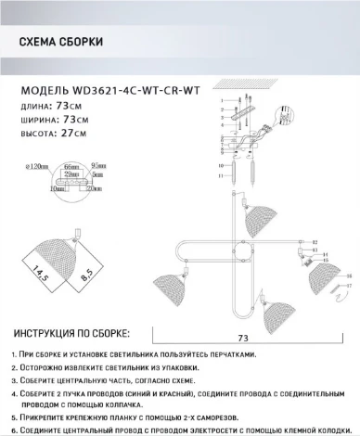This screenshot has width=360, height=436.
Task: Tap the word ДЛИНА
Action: [x=34, y=107]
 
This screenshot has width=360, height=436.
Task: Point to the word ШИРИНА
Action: [x=38, y=120]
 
